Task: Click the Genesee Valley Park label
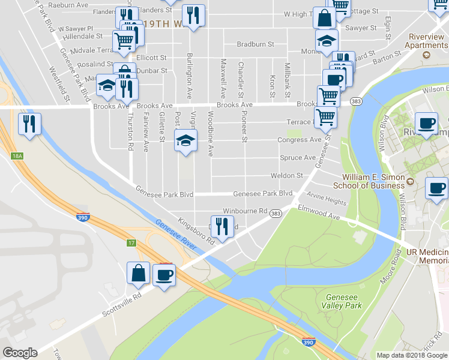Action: [x=344, y=301]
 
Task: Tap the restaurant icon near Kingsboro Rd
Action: [x=222, y=226]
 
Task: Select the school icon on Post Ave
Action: [x=185, y=142]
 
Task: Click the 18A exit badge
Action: [x=17, y=156]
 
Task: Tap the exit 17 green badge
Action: [x=131, y=242]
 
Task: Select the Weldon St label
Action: [x=291, y=176]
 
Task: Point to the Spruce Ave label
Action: [x=297, y=158]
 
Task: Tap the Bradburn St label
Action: [x=255, y=44]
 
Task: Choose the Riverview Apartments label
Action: [x=427, y=41]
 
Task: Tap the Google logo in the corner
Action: [x=20, y=353]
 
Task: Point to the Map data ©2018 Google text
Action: [x=412, y=355]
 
